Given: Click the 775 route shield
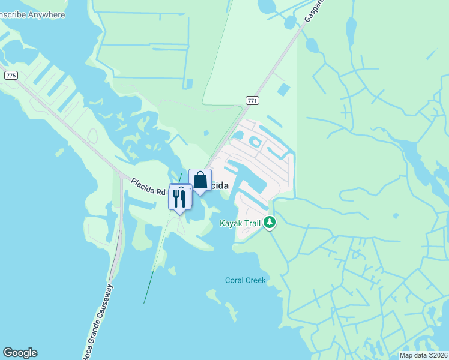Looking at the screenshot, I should [x=10, y=75].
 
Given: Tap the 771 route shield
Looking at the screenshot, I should [x=252, y=100].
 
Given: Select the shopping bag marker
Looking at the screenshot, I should [x=200, y=180].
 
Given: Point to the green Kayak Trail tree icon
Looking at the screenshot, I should [x=270, y=223].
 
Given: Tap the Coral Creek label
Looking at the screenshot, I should [x=245, y=280].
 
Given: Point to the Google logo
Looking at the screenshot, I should [x=20, y=353].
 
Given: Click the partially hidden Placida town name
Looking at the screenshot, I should [x=220, y=186].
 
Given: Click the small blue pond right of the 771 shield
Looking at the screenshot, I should [x=283, y=90].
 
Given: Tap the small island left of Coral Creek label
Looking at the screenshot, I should [x=211, y=295].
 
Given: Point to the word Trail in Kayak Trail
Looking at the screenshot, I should [x=252, y=223].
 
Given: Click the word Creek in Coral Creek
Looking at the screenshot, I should [x=255, y=280].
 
